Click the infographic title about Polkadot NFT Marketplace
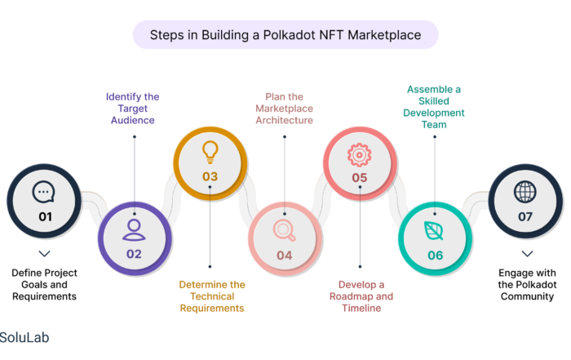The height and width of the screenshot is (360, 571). (x=285, y=35)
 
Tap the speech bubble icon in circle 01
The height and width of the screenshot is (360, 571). (x=44, y=192)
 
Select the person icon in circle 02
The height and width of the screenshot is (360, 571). (x=134, y=229)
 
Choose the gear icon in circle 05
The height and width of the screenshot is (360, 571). (x=360, y=153)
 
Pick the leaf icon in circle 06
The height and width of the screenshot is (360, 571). (x=435, y=230)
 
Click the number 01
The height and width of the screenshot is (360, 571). (x=44, y=216)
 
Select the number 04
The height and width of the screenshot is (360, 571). (x=285, y=255)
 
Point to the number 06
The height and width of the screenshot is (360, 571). (x=435, y=255)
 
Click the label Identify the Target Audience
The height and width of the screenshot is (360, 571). (x=132, y=108)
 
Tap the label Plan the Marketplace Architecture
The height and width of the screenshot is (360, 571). (x=284, y=108)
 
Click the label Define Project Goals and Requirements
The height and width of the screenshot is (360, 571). (x=44, y=284)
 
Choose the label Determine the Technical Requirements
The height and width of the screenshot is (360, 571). (x=211, y=296)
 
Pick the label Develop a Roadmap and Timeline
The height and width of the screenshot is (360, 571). (x=361, y=296)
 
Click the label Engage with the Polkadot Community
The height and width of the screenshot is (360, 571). (x=527, y=284)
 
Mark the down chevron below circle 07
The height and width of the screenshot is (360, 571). (x=527, y=254)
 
